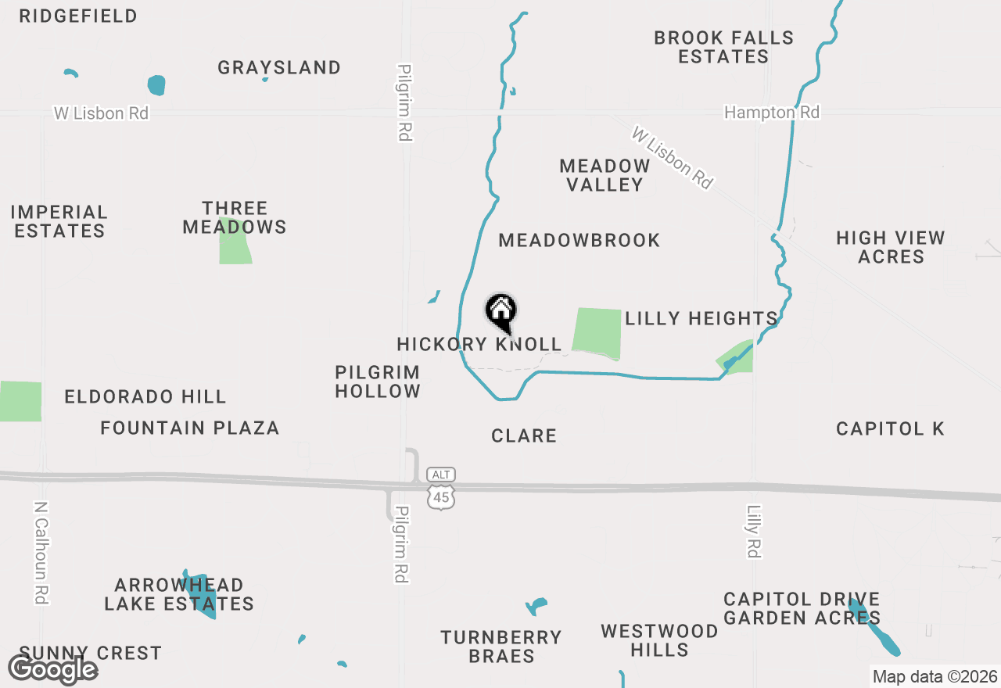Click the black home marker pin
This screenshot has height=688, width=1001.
pyautogui.click(x=501, y=312)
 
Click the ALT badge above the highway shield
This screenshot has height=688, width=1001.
pyautogui.click(x=441, y=475)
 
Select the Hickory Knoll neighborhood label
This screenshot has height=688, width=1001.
pyautogui.click(x=479, y=344)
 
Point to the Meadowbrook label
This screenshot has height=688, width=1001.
pyautogui.click(x=579, y=240)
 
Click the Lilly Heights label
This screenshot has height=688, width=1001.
pyautogui.click(x=701, y=318)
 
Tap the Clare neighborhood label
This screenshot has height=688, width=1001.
pyautogui.click(x=524, y=435)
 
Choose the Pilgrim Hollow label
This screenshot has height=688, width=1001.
pyautogui.click(x=378, y=382)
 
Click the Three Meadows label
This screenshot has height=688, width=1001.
pyautogui.click(x=235, y=217)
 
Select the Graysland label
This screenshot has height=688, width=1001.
pyautogui.click(x=279, y=68)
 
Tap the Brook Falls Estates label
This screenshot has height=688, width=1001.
pyautogui.click(x=723, y=47)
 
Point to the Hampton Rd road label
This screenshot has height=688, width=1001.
pyautogui.click(x=771, y=113)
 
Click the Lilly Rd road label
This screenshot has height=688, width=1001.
pyautogui.click(x=753, y=532)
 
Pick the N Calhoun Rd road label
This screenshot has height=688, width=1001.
pyautogui.click(x=41, y=552)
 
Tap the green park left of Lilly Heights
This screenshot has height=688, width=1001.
pyautogui.click(x=597, y=331)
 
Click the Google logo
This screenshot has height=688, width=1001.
pyautogui.click(x=52, y=669)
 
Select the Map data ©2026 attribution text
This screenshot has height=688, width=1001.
pyautogui.click(x=934, y=676)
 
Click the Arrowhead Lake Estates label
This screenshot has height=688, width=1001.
pyautogui.click(x=179, y=594)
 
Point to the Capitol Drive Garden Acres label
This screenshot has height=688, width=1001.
pyautogui.click(x=802, y=608)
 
